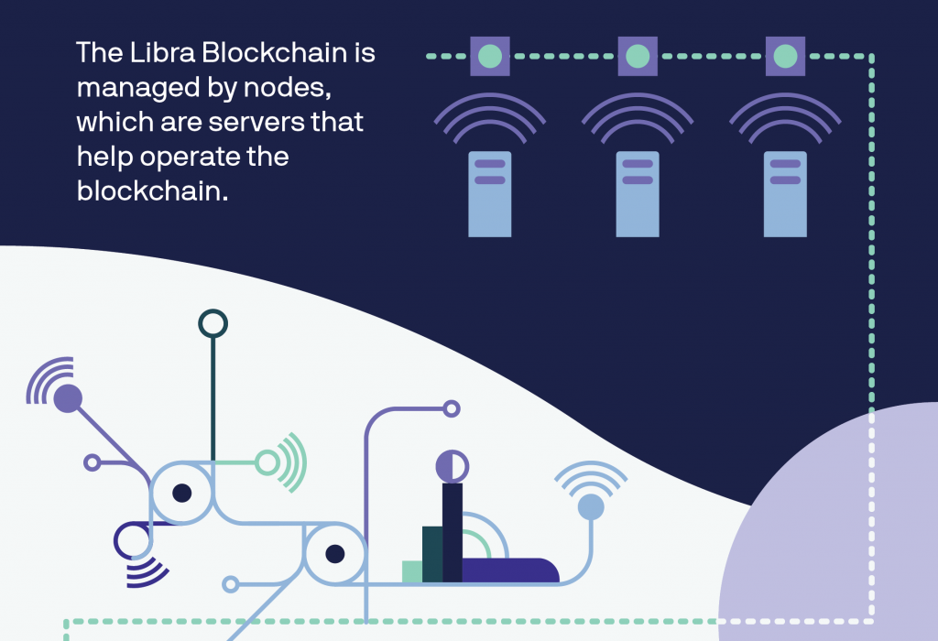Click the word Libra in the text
click(x=162, y=52)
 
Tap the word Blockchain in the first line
click(x=275, y=52)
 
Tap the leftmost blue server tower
click(x=490, y=194)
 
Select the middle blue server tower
click(x=638, y=194)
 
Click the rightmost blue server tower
click(x=785, y=194)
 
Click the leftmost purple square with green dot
click(x=490, y=56)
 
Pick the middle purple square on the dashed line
click(x=638, y=56)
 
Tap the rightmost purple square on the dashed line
click(x=785, y=56)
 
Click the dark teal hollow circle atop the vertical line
click(x=213, y=311)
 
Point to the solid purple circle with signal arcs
click(x=68, y=398)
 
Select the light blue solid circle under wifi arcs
click(x=591, y=506)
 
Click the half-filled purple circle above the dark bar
click(x=453, y=466)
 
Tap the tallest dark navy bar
click(x=453, y=532)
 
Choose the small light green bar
click(x=412, y=571)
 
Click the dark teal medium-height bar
click(x=432, y=554)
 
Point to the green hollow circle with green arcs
click(x=267, y=462)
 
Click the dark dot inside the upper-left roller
click(x=182, y=494)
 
